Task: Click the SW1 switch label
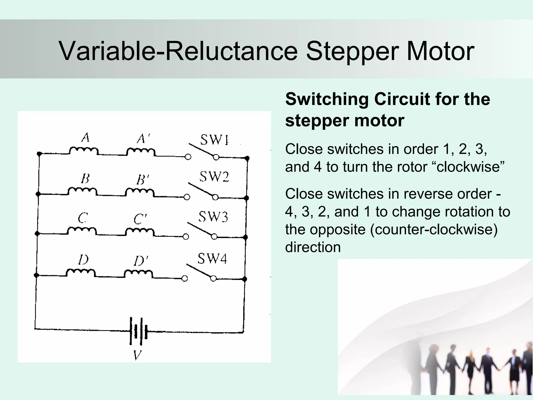[214, 140]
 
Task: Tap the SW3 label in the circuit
[213, 217]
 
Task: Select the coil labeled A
[84, 151]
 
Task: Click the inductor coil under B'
[140, 192]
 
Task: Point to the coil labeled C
[82, 231]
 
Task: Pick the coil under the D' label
[138, 274]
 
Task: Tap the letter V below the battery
[137, 355]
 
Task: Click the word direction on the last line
[313, 247]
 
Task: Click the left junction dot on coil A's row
[39, 154]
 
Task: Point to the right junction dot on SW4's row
[244, 279]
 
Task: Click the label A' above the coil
[143, 139]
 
